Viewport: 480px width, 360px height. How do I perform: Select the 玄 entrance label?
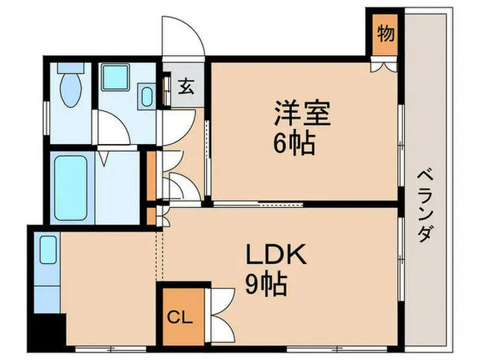click(x=186, y=86)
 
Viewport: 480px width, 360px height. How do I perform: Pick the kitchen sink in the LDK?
click(x=48, y=250)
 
